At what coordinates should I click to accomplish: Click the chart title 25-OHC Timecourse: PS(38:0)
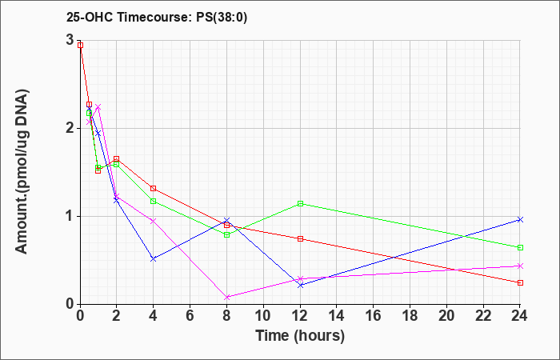(157, 18)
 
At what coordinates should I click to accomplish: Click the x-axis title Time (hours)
(300, 336)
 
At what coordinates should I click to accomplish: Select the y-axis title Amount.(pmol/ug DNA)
(22, 171)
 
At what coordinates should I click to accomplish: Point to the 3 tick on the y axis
(70, 40)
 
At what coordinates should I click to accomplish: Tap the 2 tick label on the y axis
(70, 128)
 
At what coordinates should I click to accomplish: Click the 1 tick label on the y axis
(70, 216)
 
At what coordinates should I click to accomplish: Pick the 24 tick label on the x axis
(520, 316)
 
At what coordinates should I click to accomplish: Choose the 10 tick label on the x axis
(263, 316)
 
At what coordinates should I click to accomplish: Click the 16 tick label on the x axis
(374, 316)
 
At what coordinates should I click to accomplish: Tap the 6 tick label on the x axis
(190, 316)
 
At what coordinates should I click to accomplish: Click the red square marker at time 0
(80, 46)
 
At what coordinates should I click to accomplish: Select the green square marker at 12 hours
(300, 203)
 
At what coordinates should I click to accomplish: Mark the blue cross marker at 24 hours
(520, 220)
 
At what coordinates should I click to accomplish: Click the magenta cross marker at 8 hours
(226, 297)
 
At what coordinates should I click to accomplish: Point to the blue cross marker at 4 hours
(154, 259)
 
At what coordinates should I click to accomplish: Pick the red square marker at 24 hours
(520, 283)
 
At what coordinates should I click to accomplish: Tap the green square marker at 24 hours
(520, 247)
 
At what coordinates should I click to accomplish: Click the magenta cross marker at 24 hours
(520, 266)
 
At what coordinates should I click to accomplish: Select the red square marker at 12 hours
(300, 239)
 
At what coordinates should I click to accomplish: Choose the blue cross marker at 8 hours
(226, 220)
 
